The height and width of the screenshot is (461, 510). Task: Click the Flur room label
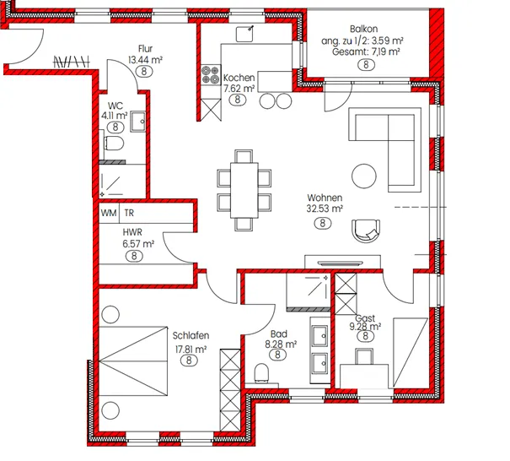point(145,48)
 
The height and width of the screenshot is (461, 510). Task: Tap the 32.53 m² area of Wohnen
point(325,209)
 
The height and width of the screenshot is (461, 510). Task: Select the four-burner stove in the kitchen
point(210,75)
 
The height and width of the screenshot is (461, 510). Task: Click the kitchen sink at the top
point(244,35)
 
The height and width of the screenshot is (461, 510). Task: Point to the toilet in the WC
point(114,144)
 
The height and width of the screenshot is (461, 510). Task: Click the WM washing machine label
point(109,213)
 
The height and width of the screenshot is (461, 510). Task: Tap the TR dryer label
point(129,213)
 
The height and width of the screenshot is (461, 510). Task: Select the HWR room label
point(132,232)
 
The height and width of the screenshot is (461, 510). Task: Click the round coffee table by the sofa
point(364,176)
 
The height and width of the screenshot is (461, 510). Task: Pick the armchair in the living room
point(366,230)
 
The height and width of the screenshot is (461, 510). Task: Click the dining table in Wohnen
point(244,190)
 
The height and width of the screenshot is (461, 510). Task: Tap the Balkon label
point(363,29)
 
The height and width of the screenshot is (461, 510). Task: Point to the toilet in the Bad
point(262,372)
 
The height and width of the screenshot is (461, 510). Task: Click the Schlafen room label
point(191,335)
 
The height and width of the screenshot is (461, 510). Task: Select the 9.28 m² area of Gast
point(365,327)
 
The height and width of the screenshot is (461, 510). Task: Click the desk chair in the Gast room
point(364,355)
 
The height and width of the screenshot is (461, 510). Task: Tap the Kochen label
point(239,78)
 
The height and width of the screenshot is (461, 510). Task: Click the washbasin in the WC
point(138,122)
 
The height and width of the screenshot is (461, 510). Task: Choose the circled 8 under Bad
point(277,354)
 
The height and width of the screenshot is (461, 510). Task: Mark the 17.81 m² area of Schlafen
point(191,350)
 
